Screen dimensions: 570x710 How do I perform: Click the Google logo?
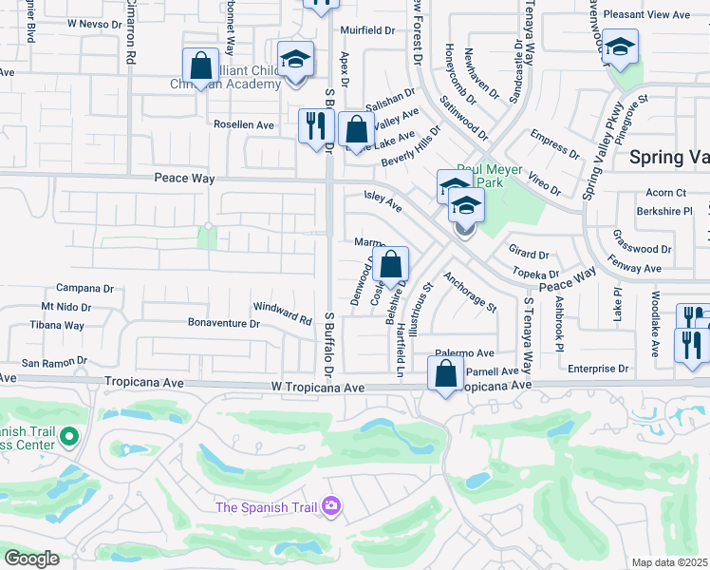(x=31, y=559)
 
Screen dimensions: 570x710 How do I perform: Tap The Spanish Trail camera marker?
(x=331, y=505)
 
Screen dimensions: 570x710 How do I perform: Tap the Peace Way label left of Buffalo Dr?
(x=185, y=179)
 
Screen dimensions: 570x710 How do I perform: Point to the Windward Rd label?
(x=282, y=313)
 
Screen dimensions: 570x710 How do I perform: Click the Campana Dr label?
(x=84, y=288)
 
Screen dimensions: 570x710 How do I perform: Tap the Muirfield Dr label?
(x=366, y=30)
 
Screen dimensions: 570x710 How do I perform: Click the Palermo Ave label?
(x=465, y=351)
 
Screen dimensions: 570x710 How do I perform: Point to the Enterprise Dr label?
(x=597, y=368)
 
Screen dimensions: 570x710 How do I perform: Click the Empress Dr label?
(x=555, y=144)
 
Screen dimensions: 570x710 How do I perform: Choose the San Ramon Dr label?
(x=54, y=362)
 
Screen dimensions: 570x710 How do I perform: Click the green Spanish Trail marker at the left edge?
(x=67, y=437)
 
